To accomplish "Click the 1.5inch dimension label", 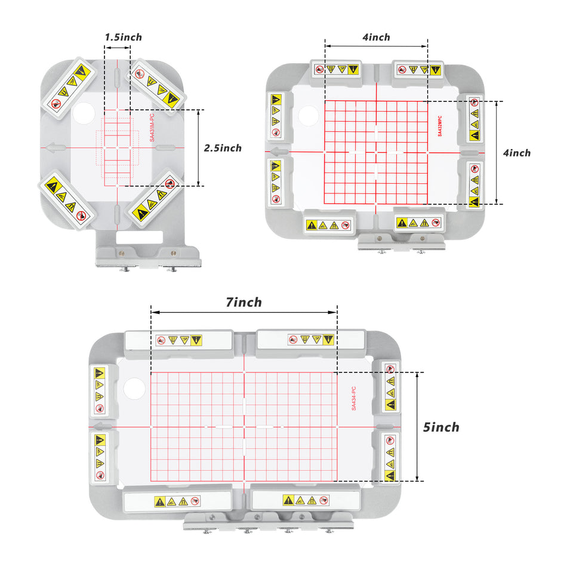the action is (x=124, y=37).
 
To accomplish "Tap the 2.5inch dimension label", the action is (x=223, y=148).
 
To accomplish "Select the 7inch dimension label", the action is (x=244, y=303).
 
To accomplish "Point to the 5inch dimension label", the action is (x=441, y=427).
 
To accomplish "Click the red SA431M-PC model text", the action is (x=152, y=128).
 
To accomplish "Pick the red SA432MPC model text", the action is (x=440, y=126).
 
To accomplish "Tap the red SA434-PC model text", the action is (x=354, y=398).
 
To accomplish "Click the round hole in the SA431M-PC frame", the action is (x=84, y=113).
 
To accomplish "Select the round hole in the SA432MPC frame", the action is (x=308, y=116).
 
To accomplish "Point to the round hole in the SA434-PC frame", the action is (x=134, y=389).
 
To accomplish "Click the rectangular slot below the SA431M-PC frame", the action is (x=139, y=237).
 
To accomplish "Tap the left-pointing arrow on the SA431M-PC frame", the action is (x=56, y=147).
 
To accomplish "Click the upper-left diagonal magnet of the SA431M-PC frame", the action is (x=69, y=88).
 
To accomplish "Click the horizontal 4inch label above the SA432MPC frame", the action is (x=377, y=37).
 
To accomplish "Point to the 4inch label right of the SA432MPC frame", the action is (x=517, y=153).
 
